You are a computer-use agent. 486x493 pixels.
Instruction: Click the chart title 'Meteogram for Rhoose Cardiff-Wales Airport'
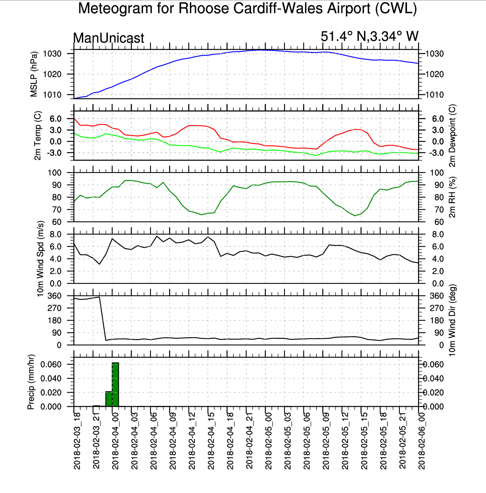point(247,9)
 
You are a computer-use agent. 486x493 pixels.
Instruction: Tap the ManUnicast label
point(109,38)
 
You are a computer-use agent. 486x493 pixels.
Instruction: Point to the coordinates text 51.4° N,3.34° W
point(369,36)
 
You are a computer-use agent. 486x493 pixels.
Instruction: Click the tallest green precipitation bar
point(115,385)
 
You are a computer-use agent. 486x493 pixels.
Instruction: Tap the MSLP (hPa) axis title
point(34,74)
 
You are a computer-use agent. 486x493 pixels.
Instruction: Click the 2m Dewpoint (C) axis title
point(452,136)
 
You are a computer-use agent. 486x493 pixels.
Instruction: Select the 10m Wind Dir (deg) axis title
point(452,320)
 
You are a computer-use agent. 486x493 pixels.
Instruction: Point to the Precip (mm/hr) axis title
point(31,382)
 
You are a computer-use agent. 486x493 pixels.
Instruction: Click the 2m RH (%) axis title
point(452,197)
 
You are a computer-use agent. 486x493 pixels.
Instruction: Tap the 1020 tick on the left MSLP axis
point(52,74)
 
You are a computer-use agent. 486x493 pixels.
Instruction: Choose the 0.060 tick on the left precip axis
point(51,364)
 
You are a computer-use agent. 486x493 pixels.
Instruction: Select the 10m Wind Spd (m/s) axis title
point(40,259)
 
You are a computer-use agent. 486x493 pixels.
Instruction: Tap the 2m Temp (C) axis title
point(37,136)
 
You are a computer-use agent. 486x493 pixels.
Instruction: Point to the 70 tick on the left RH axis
point(57,210)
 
